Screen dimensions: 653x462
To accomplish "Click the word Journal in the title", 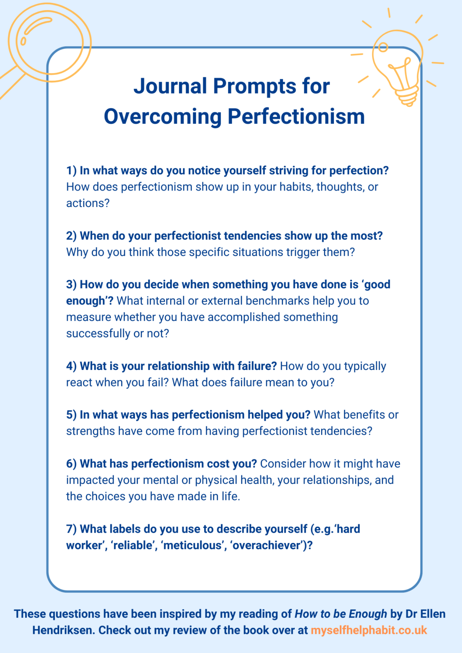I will tap(171, 86).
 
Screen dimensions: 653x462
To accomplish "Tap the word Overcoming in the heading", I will tap(163, 116).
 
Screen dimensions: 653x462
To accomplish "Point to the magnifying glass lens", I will tap(50, 41).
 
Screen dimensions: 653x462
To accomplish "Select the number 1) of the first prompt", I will tap(71, 170).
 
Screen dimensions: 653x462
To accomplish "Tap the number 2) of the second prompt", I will tap(71, 236).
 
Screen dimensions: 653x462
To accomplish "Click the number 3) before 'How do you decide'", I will tap(71, 284).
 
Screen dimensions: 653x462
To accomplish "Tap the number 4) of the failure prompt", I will tap(71, 366).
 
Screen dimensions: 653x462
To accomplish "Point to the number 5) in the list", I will tap(71, 415).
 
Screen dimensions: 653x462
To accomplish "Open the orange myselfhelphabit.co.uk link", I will tap(369, 630).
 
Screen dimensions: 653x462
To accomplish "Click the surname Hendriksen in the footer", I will tap(63, 630).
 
